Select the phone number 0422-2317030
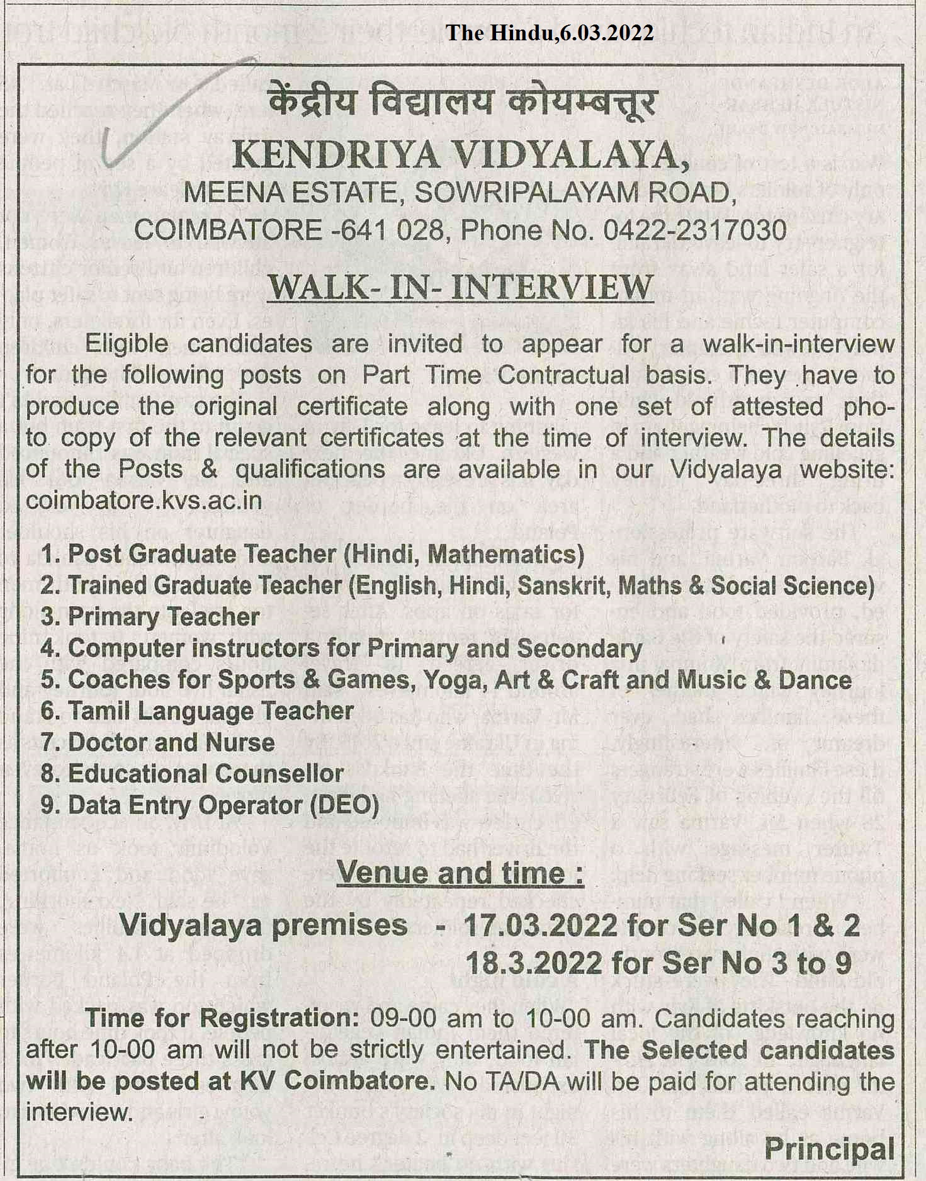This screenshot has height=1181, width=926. (x=695, y=230)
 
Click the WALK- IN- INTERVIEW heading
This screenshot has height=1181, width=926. (x=461, y=287)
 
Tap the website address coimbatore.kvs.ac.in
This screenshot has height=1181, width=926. (x=144, y=500)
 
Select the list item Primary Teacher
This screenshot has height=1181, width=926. (x=162, y=617)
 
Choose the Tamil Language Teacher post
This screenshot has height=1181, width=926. (x=210, y=711)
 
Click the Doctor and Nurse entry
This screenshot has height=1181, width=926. (x=171, y=743)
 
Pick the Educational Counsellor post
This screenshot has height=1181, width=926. (x=205, y=774)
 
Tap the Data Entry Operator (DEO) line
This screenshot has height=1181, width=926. (x=223, y=806)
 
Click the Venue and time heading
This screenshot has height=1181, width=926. (x=460, y=873)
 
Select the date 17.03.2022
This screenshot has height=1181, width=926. (x=540, y=925)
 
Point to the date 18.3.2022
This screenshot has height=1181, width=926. (x=533, y=963)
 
